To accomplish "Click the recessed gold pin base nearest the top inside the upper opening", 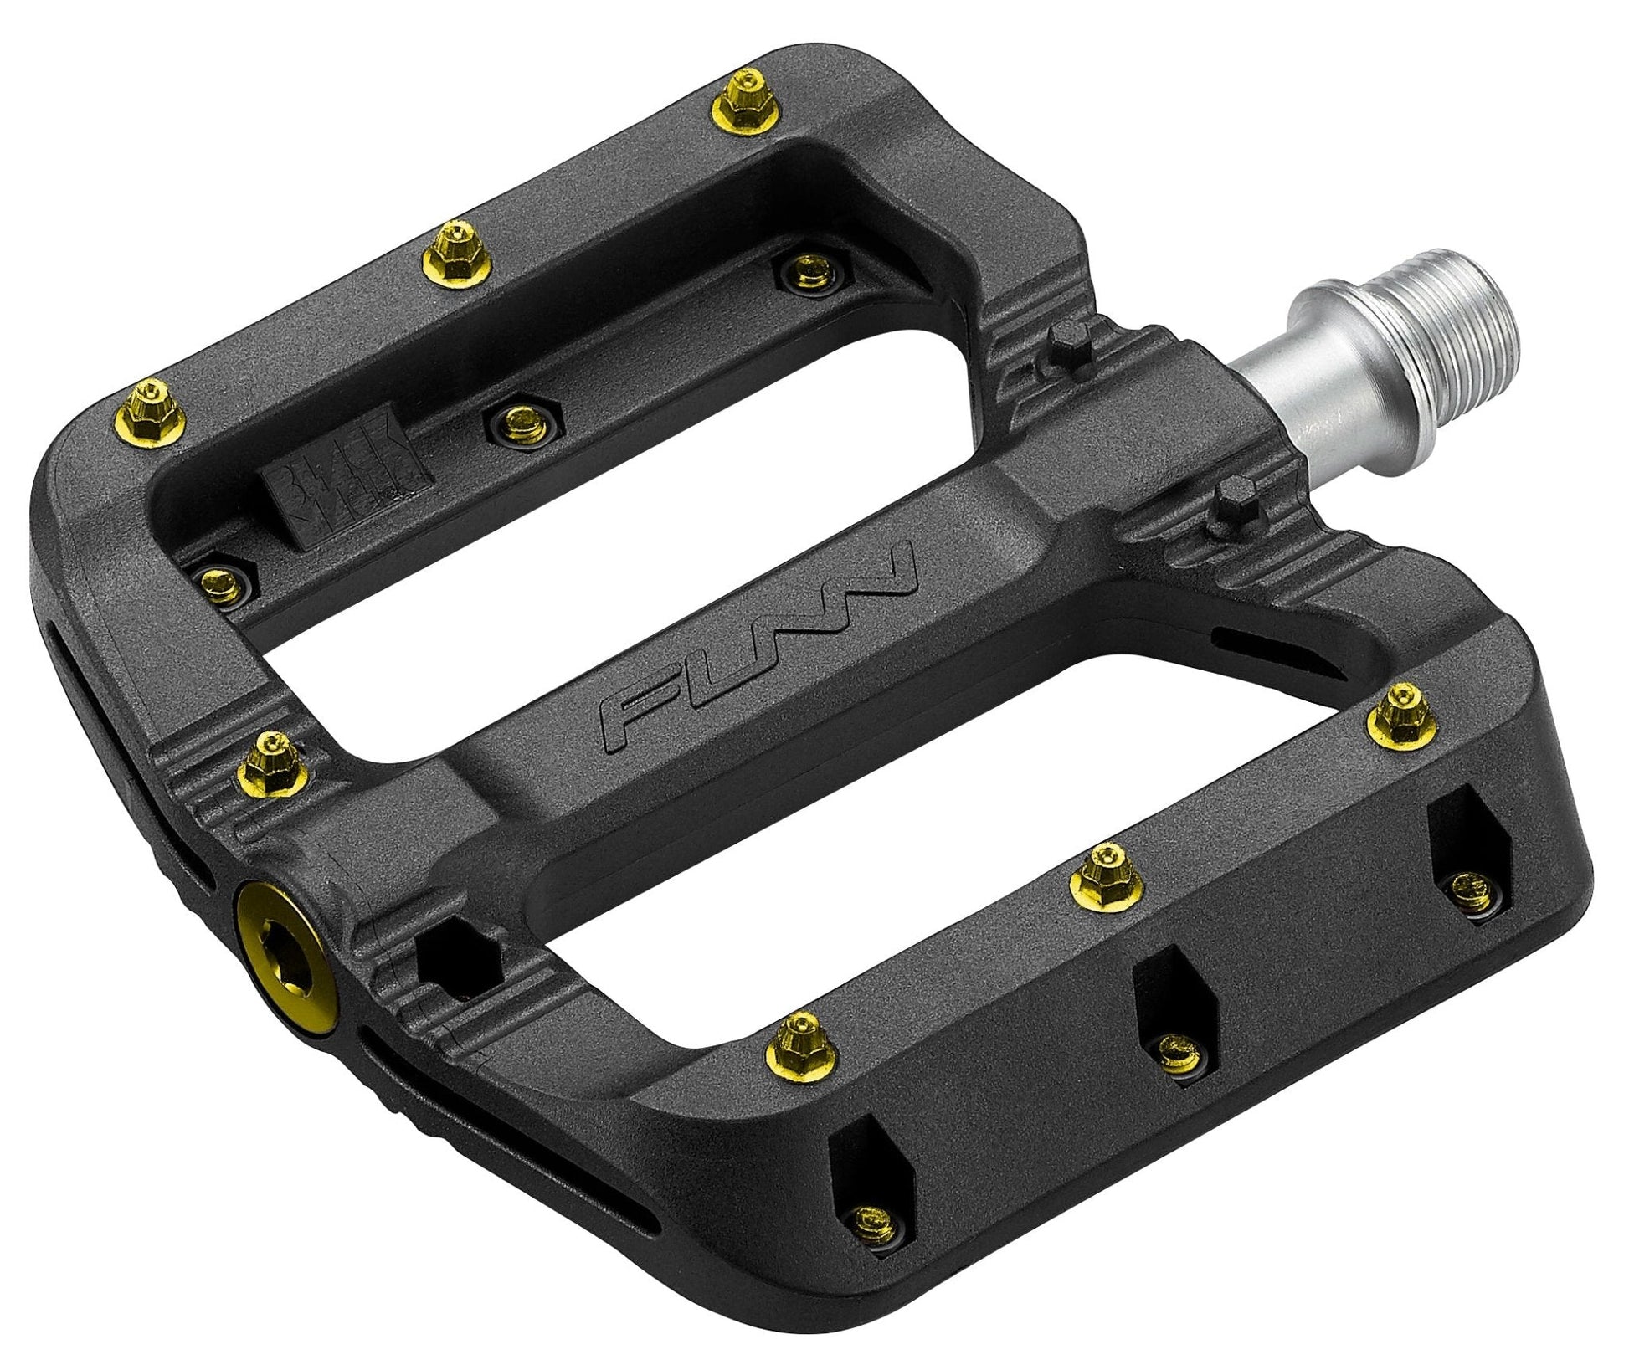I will [808, 271].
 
